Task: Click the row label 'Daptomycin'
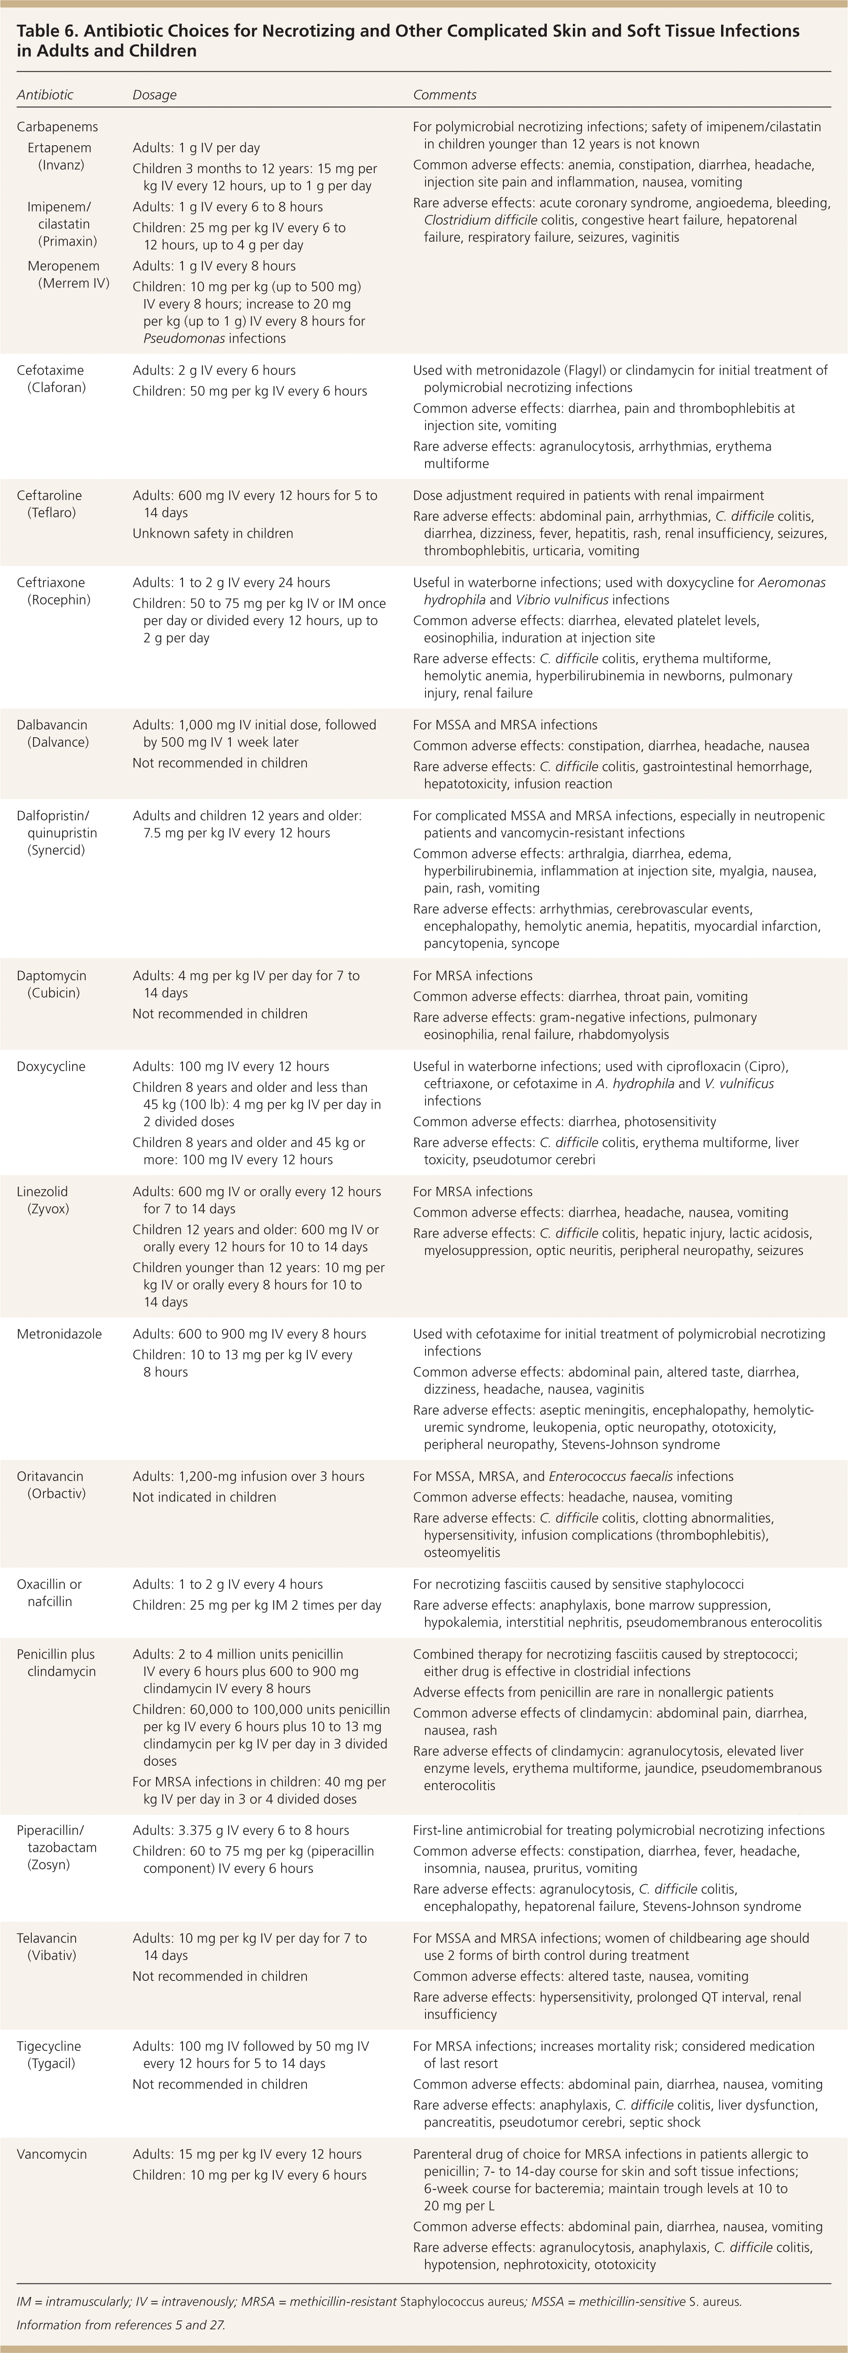coord(52,975)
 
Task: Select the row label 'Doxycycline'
coord(51,1066)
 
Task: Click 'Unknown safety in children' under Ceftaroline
coord(213,533)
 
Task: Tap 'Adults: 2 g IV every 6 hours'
coord(214,370)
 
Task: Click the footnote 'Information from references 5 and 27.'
coord(121,2325)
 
